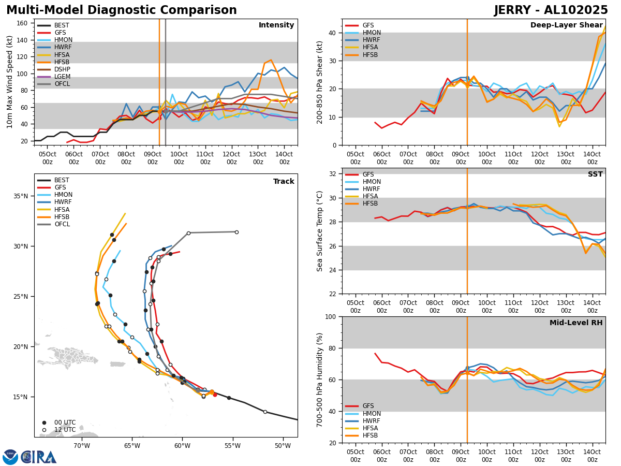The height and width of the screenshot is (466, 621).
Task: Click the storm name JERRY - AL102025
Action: click(x=551, y=10)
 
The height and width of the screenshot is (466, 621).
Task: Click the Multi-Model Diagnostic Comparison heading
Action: click(x=122, y=10)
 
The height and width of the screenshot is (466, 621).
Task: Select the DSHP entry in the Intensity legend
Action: click(x=62, y=69)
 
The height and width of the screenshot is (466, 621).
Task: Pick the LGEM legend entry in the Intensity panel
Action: click(x=62, y=77)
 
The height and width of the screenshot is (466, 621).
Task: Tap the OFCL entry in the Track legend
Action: click(x=62, y=224)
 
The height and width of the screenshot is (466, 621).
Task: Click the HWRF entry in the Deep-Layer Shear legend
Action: click(x=371, y=40)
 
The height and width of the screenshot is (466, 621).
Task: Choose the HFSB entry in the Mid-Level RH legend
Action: click(x=371, y=435)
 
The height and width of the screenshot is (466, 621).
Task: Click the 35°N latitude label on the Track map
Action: click(x=21, y=196)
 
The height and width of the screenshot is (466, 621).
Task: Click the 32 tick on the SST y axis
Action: click(x=334, y=174)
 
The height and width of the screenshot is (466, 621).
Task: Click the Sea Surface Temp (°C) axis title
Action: click(x=320, y=231)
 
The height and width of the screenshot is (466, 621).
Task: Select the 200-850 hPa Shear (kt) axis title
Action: click(x=320, y=82)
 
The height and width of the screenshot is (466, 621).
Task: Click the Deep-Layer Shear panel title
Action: click(x=566, y=25)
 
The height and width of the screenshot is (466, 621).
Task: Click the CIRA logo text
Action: click(x=39, y=457)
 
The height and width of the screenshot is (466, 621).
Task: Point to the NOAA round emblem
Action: click(x=10, y=457)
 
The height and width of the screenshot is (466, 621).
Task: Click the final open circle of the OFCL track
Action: click(x=236, y=232)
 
